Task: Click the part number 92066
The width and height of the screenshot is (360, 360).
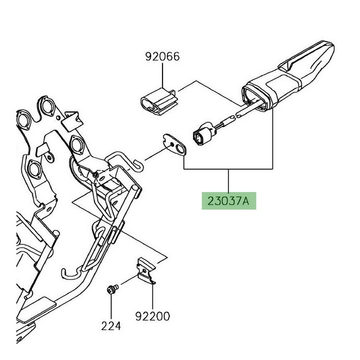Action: [x=163, y=57]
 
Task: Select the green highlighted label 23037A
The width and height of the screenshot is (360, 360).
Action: [x=228, y=201]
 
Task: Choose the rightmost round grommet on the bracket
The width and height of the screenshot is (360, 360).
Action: [x=77, y=145]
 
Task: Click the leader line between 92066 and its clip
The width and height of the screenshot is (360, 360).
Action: [x=163, y=74]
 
